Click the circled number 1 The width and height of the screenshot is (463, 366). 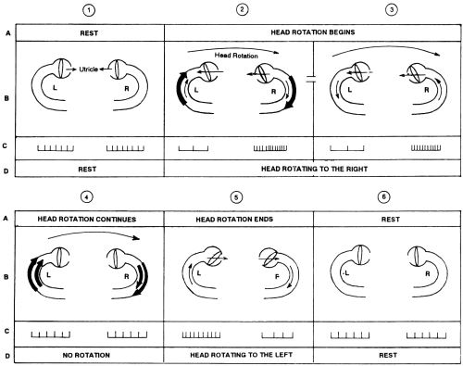[x=89, y=10]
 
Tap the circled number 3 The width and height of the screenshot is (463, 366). [x=392, y=9]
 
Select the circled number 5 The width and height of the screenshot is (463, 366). [x=236, y=197]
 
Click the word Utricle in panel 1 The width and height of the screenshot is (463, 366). [x=89, y=69]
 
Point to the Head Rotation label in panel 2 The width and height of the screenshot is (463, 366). [x=236, y=56]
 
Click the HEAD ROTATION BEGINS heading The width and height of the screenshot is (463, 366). [x=313, y=32]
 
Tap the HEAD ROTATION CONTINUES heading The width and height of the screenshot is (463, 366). [x=87, y=220]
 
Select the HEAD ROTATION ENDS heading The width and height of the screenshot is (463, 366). [x=234, y=220]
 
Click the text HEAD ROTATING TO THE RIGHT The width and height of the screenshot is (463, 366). [x=314, y=169]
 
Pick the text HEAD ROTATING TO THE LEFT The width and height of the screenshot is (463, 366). [x=241, y=355]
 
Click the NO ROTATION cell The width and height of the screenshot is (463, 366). [x=86, y=355]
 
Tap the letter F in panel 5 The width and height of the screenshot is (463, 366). [x=277, y=277]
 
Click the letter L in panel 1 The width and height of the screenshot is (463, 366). [x=55, y=88]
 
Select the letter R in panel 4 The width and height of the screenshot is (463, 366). [x=126, y=276]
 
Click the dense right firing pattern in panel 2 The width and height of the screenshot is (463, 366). [x=270, y=148]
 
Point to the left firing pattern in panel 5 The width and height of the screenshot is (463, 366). [x=201, y=334]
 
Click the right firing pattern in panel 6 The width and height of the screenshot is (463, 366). [x=426, y=335]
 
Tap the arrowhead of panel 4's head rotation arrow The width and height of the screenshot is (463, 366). [x=137, y=238]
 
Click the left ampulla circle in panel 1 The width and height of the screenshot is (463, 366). [x=61, y=69]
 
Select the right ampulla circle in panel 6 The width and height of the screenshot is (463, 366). [x=417, y=256]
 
